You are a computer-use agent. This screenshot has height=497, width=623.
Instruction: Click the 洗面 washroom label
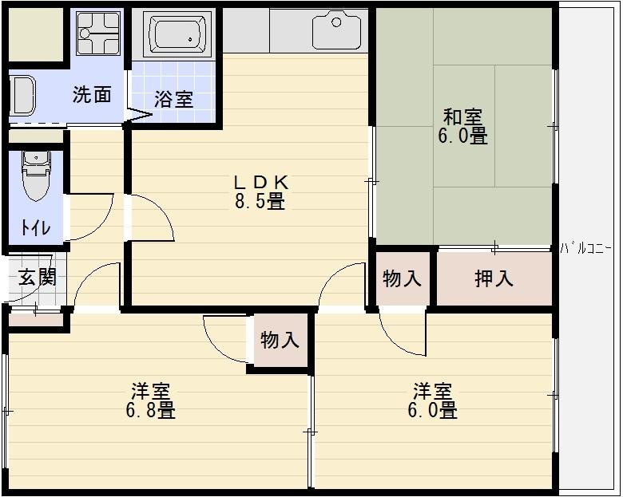(92, 94)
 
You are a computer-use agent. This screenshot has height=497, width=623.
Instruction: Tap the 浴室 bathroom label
(173, 99)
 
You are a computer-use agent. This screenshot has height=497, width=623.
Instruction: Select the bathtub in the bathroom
(178, 34)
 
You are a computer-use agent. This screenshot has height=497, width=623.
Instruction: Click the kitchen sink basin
(336, 30)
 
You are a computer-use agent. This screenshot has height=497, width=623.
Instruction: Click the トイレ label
(35, 227)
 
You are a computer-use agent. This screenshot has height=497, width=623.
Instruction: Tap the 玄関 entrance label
(37, 278)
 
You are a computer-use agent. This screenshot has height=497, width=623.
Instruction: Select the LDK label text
(260, 182)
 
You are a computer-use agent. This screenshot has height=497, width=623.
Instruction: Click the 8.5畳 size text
(260, 202)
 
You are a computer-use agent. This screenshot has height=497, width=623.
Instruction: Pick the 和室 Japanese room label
(462, 116)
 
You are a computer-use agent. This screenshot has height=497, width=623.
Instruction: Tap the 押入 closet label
(494, 278)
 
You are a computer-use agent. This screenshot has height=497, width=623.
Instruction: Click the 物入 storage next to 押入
(402, 278)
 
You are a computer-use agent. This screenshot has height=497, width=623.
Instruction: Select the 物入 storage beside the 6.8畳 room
(280, 341)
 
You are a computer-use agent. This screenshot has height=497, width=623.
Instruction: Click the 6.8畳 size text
(150, 411)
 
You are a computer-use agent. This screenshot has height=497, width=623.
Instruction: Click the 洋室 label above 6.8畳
(150, 391)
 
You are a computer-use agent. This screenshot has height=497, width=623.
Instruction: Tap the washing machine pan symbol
(97, 33)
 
